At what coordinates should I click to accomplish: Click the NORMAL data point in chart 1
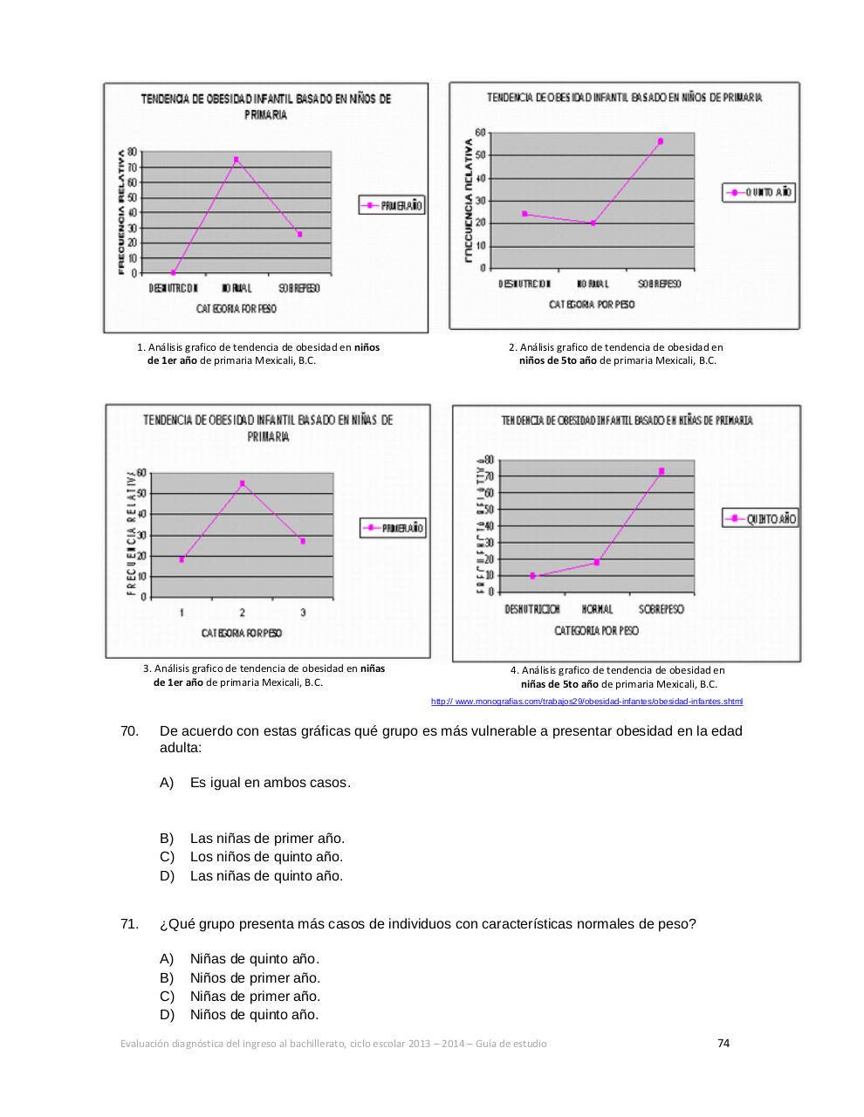coord(236,160)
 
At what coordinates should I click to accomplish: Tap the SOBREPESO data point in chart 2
coord(661,141)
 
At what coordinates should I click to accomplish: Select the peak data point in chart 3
coord(242,483)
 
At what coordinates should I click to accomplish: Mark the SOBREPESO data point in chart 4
coord(662,471)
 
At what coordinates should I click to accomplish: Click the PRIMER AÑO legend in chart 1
coord(392,206)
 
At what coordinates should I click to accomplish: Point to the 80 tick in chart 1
coord(132,152)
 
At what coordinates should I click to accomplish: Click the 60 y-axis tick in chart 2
coord(480,133)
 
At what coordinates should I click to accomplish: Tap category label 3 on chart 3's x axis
coord(303,613)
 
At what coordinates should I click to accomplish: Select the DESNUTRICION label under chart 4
coord(531,609)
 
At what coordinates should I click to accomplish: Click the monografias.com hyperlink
coord(586,702)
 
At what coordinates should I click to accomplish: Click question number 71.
coord(129,923)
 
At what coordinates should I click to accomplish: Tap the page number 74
coord(723,1043)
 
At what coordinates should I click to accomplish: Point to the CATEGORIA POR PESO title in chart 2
coord(592,305)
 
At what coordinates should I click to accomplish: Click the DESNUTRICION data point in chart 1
coord(174,272)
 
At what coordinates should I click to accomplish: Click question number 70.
coord(129,730)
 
